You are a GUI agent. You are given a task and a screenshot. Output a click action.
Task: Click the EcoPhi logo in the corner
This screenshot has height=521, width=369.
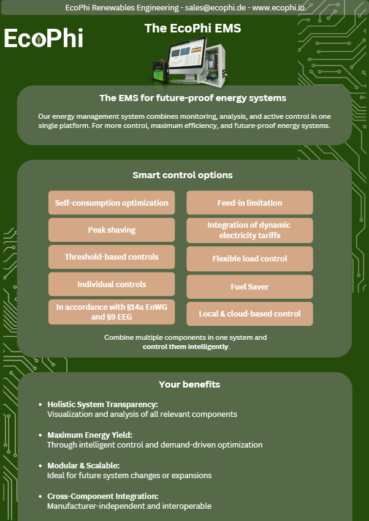coord(44,38)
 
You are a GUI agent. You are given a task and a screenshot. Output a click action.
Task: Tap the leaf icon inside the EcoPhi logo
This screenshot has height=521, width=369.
coord(39,40)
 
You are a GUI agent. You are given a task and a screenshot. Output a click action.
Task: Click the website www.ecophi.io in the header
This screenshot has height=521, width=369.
coord(278,7)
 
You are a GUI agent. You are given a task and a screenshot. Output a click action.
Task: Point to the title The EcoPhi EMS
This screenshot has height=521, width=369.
coord(192,28)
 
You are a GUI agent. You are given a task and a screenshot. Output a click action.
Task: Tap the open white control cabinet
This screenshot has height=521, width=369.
coord(215,65)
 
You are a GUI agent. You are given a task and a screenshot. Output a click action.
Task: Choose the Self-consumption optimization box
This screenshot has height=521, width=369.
coord(112,203)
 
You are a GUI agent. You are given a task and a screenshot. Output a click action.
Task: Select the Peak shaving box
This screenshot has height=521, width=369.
coord(112,230)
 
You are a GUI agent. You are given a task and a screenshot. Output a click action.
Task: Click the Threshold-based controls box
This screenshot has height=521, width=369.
coord(112,257)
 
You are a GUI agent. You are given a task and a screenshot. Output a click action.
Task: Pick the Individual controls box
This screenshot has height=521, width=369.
coord(112,284)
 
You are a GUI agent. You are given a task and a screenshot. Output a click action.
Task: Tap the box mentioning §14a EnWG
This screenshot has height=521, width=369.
coord(112,312)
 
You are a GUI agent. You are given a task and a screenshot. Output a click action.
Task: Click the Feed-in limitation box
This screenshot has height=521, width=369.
coord(249,203)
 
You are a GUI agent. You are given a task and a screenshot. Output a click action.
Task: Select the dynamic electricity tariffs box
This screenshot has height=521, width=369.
coord(249,230)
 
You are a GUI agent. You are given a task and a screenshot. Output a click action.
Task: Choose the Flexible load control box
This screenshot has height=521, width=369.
coord(249,258)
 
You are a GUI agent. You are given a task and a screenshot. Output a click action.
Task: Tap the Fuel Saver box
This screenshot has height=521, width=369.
coord(249,287)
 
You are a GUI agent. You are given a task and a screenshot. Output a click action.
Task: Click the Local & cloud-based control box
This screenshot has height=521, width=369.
coord(249,313)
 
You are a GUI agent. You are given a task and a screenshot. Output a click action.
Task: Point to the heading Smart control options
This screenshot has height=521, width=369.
coord(182,175)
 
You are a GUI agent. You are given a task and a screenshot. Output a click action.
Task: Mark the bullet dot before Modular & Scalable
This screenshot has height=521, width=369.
coord(40,465)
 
